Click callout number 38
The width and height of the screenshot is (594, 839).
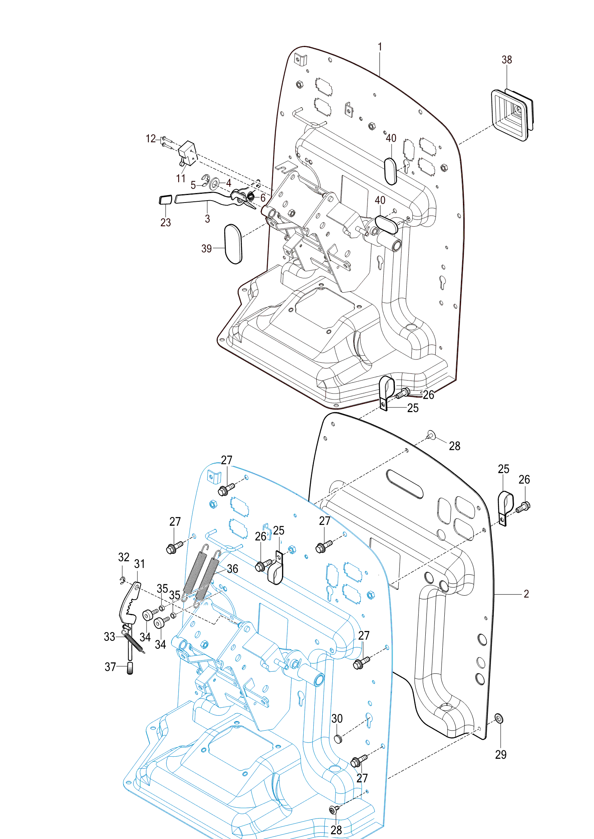tap(506, 60)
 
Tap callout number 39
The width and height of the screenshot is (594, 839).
tap(206, 249)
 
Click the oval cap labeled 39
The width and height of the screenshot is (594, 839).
tap(233, 244)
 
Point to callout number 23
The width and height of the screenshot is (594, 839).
tap(166, 223)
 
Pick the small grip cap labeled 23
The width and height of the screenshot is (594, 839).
tap(165, 199)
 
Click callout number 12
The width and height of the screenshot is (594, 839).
tap(150, 139)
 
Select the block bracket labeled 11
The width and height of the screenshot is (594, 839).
tap(188, 153)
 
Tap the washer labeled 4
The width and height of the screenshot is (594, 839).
tap(215, 184)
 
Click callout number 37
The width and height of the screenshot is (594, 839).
tap(110, 667)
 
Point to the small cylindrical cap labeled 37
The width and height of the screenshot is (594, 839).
tap(130, 668)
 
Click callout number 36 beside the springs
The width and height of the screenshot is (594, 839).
tap(232, 569)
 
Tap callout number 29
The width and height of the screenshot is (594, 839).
tap(501, 755)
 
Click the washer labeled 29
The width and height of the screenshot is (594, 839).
tap(499, 718)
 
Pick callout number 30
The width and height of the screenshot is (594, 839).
tap(337, 719)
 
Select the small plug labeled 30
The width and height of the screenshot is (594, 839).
tap(337, 738)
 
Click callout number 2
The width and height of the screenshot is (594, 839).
tap(526, 594)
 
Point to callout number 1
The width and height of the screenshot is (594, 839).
tap(380, 47)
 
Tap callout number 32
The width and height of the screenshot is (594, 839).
tap(124, 557)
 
